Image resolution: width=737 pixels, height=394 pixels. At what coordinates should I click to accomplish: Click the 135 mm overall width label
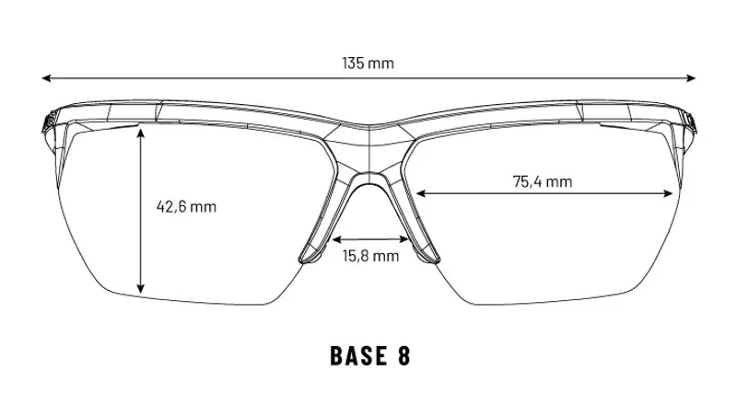click(368, 63)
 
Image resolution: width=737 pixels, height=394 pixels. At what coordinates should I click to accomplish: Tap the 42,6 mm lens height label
click(187, 206)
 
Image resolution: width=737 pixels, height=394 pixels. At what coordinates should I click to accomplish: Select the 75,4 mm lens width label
click(543, 181)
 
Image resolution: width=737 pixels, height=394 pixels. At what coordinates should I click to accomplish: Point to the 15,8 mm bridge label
click(370, 256)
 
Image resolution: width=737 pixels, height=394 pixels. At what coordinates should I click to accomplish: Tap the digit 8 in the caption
click(404, 355)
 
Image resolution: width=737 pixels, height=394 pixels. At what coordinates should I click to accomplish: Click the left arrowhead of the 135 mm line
click(46, 78)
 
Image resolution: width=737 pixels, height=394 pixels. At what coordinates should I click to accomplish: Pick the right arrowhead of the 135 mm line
click(691, 78)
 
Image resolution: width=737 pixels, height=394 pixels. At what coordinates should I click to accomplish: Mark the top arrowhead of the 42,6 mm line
click(141, 133)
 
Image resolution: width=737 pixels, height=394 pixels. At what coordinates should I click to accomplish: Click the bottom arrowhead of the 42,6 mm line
click(141, 289)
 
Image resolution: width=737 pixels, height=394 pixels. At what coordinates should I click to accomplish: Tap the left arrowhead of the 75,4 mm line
click(421, 193)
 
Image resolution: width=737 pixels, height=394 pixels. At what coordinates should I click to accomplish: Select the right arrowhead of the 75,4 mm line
click(669, 193)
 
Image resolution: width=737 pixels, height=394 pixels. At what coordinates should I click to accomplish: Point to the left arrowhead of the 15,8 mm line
click(336, 239)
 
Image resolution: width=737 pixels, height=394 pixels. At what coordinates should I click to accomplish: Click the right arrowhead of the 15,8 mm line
click(404, 239)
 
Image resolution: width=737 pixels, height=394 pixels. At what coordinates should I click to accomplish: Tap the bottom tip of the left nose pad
click(305, 262)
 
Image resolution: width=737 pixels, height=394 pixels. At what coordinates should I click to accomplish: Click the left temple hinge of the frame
click(49, 122)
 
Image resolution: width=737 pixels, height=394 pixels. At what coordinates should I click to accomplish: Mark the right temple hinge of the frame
click(689, 122)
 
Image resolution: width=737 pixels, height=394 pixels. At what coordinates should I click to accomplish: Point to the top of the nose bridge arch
click(370, 173)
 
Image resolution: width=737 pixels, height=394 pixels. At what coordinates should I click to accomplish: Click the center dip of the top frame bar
click(369, 125)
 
